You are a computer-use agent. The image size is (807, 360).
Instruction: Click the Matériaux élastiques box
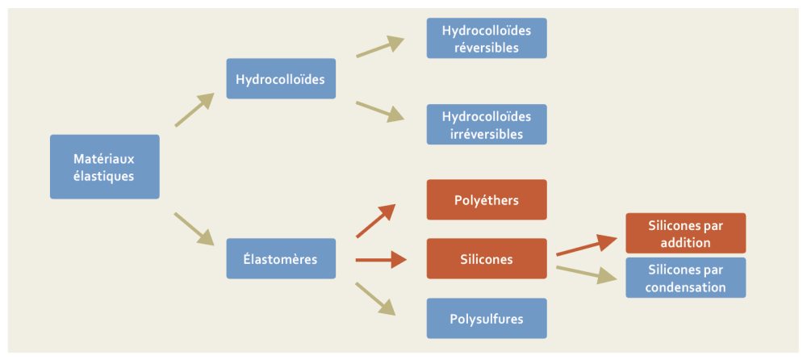click(104, 166)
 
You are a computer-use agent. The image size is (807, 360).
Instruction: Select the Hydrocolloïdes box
click(280, 79)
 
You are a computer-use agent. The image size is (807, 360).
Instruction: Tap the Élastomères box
click(280, 258)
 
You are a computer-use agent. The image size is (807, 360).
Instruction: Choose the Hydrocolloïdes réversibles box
click(486, 38)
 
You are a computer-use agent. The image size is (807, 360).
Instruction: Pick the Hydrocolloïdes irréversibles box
click(486, 124)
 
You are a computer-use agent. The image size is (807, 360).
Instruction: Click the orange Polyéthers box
click(486, 199)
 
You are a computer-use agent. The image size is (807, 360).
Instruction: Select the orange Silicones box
click(486, 258)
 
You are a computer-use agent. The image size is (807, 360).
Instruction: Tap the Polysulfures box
click(486, 318)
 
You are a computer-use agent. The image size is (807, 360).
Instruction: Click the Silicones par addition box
click(685, 233)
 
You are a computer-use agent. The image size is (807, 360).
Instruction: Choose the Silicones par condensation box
click(685, 278)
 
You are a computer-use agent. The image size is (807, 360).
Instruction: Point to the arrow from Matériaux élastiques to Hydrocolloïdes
click(194, 110)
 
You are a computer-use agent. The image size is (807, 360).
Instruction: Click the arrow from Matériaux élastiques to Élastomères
click(194, 228)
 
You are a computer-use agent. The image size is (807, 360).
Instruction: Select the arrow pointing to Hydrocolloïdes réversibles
click(379, 47)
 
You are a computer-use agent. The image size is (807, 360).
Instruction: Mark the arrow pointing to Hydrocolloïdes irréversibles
click(379, 111)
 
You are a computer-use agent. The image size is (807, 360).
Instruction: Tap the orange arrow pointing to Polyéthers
click(375, 220)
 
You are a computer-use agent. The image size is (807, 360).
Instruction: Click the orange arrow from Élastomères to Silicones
click(380, 259)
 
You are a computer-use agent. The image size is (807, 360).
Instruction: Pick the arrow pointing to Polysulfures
click(376, 298)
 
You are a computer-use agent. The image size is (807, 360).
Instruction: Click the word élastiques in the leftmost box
click(104, 175)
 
